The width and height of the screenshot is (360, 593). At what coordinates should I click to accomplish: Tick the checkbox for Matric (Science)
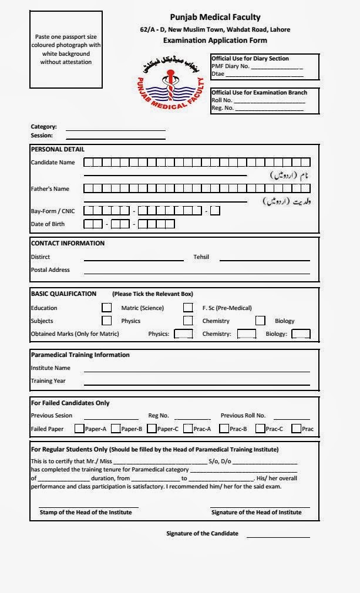(x=106, y=307)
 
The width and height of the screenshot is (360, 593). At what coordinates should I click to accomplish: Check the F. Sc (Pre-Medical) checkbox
(x=188, y=307)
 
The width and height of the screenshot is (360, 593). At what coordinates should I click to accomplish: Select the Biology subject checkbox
(x=260, y=321)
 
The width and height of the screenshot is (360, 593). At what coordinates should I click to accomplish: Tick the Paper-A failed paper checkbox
(x=79, y=429)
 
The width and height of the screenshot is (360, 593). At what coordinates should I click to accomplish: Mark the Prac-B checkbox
(x=224, y=429)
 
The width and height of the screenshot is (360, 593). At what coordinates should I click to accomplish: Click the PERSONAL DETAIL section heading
(x=58, y=149)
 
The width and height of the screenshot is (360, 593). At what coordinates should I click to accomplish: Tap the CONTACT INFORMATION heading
(x=68, y=243)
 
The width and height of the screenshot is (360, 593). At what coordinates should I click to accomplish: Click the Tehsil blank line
(x=264, y=259)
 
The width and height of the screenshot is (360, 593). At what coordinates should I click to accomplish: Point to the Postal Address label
(x=50, y=270)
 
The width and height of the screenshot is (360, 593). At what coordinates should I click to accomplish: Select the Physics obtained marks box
(x=183, y=334)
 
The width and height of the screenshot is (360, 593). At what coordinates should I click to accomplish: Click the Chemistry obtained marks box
(x=247, y=334)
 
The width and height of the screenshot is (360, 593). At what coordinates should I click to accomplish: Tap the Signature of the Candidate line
(x=278, y=536)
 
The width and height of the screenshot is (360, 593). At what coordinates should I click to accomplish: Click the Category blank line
(x=115, y=129)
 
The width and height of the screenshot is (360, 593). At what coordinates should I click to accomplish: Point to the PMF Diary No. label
(x=230, y=66)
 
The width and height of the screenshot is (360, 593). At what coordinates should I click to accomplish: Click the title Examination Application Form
(x=215, y=41)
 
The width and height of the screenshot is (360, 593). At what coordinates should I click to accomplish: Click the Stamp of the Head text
(x=86, y=512)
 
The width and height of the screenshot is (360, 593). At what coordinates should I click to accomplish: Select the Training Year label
(x=48, y=381)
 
